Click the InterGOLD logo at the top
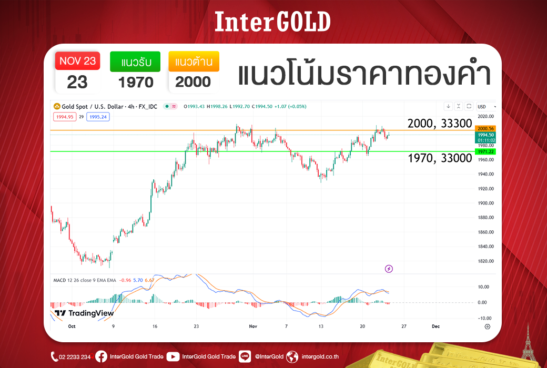272,22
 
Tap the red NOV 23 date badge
77,61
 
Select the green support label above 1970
135,62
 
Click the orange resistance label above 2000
194,62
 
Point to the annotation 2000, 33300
440,123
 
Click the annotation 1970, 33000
440,158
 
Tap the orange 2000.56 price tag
485,129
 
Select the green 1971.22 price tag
485,152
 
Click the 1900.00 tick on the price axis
486,203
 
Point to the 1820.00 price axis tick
486,261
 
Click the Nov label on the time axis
253,326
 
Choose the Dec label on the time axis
435,326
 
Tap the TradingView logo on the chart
85,313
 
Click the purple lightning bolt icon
389,269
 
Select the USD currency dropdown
487,106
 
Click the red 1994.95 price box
65,117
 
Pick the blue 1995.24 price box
98,117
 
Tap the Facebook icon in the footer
101,356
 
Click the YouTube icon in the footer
173,356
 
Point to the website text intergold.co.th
320,356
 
